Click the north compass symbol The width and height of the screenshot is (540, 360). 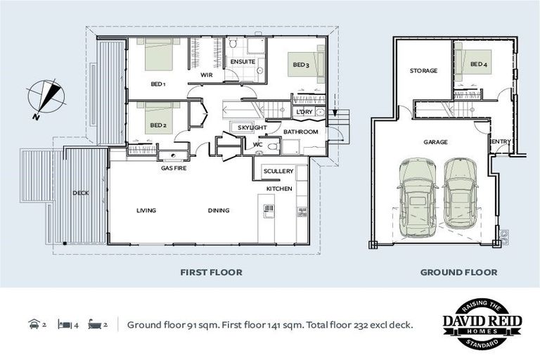coord(46,98)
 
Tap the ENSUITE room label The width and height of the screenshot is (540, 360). coord(243,62)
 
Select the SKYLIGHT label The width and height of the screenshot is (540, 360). coord(252,127)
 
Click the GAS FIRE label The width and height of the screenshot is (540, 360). coord(174,168)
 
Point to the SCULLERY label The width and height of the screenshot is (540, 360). coord(278,171)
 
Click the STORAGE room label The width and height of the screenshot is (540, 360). coord(423,70)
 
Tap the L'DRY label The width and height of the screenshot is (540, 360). coord(304,112)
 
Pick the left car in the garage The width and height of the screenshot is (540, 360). coord(418,198)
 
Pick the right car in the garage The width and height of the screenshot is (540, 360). coord(460,193)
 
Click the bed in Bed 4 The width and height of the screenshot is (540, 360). coord(473,65)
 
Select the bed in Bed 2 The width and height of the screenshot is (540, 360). coord(158,119)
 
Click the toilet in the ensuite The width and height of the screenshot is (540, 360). coord(233,43)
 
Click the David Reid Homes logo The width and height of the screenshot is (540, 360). coord(482,324)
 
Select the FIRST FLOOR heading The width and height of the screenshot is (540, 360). coord(211,273)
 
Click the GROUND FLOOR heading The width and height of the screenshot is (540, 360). coord(458,273)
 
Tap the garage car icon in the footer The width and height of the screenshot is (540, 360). coord(34,324)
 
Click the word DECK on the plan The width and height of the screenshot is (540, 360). coord(81,193)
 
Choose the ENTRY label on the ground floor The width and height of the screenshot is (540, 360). coord(501,141)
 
